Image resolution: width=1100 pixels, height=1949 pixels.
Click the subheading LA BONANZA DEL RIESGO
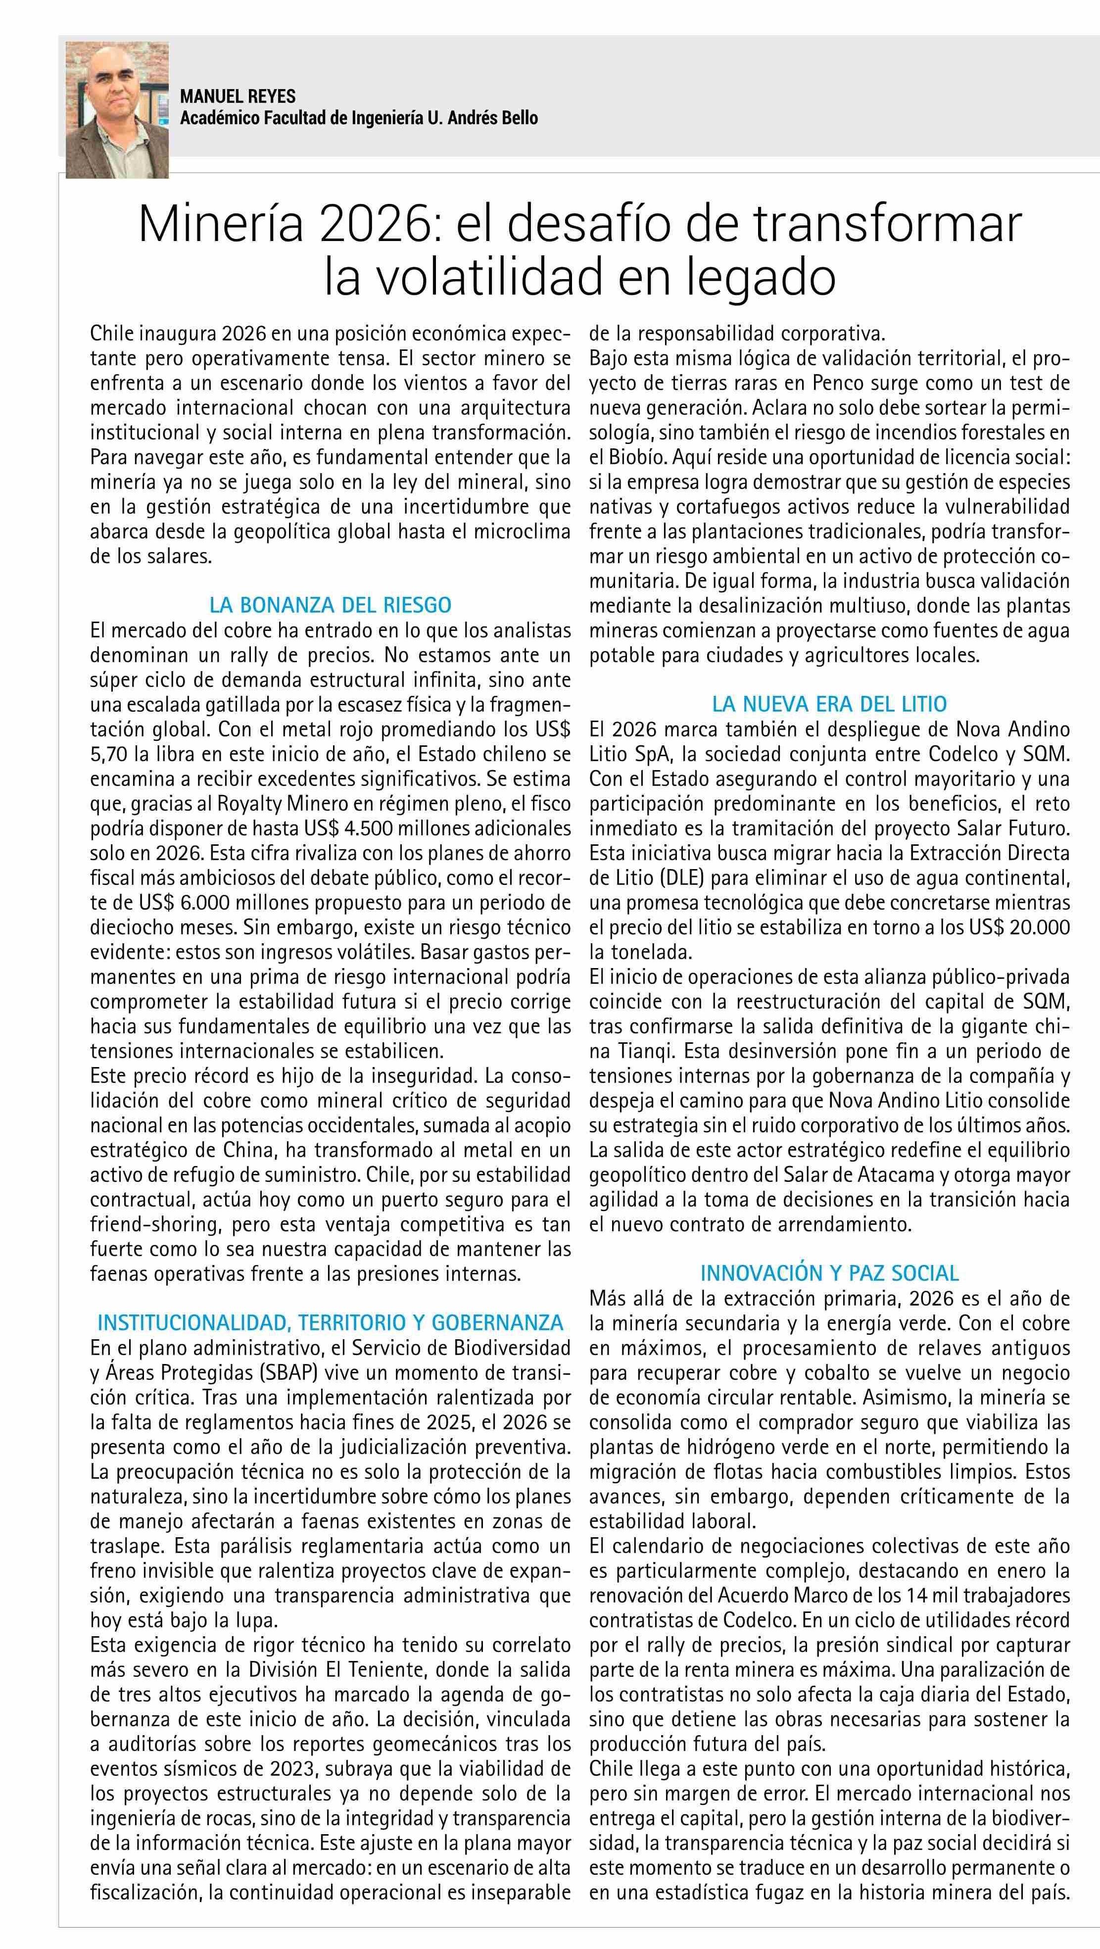pos(330,605)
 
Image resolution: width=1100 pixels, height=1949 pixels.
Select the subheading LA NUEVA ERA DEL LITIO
pos(829,704)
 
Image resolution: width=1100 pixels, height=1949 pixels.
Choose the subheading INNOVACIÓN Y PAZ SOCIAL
pos(829,1272)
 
